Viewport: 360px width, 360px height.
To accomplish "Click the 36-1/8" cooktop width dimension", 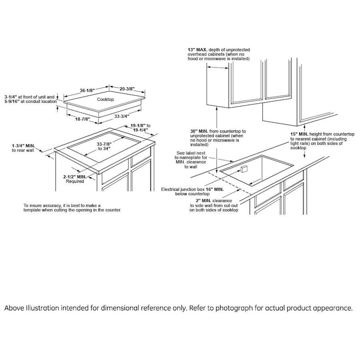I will coord(86,90).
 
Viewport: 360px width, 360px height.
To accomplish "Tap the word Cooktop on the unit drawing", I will coord(106,99).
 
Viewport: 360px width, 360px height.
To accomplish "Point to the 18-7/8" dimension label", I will coord(83,119).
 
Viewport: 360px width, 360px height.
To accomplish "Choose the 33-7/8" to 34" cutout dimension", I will coord(104,146).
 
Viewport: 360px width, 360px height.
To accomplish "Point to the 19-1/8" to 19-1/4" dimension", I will coord(140,128).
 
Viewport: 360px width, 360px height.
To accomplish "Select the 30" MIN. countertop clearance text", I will coord(199,131).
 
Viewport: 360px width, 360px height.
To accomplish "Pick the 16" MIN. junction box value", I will coord(215,189).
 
